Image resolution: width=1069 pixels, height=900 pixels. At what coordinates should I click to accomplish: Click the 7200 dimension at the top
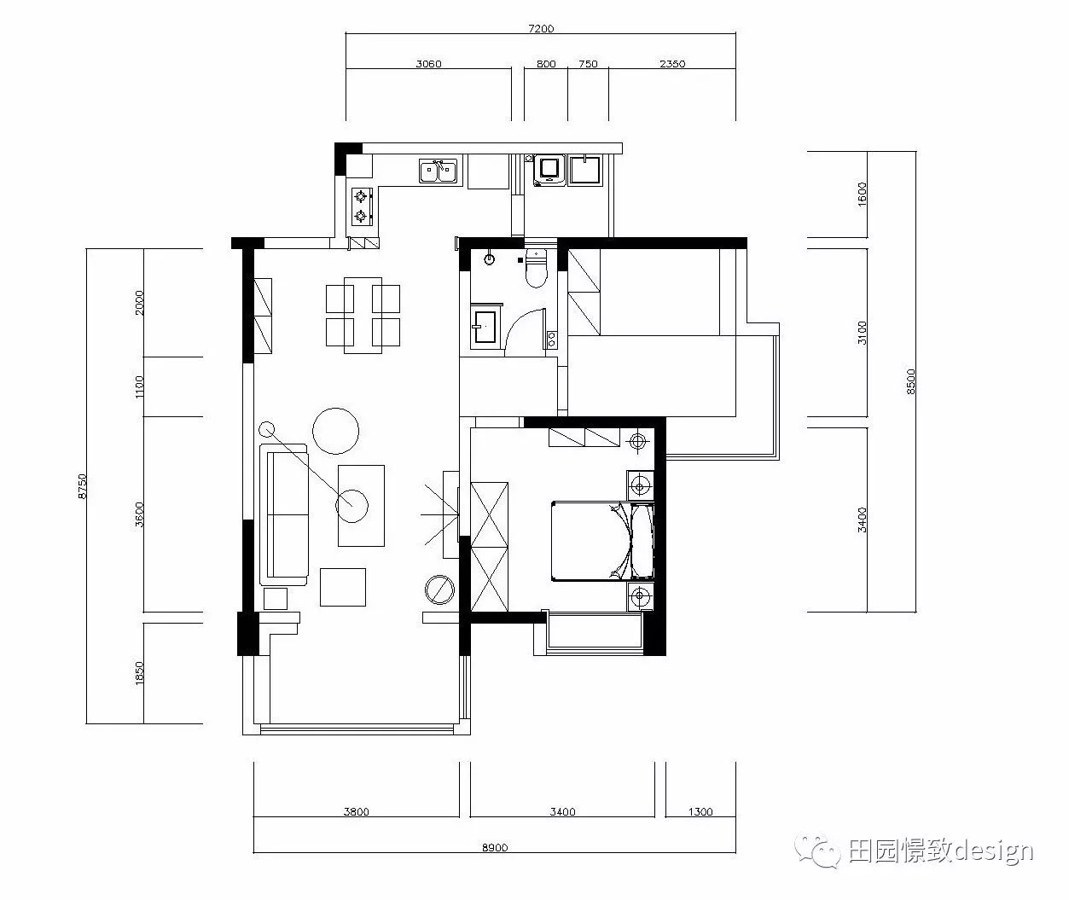(x=541, y=29)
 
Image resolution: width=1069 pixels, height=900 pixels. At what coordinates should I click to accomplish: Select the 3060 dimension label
(x=428, y=64)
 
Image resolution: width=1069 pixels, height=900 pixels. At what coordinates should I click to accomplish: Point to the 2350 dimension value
(x=672, y=64)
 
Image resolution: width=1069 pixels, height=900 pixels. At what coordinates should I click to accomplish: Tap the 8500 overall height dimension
(x=910, y=380)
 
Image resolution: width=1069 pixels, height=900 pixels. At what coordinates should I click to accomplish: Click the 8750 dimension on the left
(x=82, y=485)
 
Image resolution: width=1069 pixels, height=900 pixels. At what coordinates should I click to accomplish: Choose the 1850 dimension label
(x=140, y=673)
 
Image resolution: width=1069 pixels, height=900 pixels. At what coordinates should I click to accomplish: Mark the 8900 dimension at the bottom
(x=495, y=847)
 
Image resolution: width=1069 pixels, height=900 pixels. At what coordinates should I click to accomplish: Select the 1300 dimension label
(x=700, y=812)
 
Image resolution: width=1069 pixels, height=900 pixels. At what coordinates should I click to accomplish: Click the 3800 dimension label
(x=356, y=812)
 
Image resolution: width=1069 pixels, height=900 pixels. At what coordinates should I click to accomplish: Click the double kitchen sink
(x=439, y=171)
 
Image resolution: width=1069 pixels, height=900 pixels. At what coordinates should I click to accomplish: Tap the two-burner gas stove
(x=362, y=206)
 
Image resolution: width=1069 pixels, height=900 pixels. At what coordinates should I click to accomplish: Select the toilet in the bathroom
(x=535, y=270)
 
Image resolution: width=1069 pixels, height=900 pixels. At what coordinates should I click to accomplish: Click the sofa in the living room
(x=287, y=514)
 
